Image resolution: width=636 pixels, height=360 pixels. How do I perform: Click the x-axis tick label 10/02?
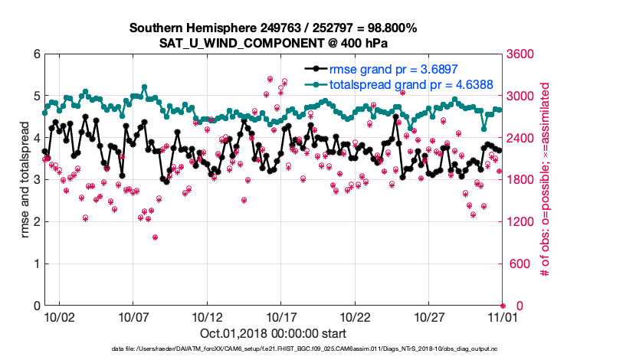coord(59,316)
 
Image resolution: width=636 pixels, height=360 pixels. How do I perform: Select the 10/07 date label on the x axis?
coord(133,316)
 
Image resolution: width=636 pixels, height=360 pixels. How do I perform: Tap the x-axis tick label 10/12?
coord(207,316)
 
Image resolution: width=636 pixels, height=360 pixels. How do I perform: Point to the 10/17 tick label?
coord(281,316)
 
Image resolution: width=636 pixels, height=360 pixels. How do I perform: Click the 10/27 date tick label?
coord(429,316)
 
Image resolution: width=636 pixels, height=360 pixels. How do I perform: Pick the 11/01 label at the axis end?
coord(503,316)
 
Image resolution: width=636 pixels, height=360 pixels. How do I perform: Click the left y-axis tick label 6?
coord(37,54)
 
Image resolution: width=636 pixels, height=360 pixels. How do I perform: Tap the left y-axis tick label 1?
coord(37,264)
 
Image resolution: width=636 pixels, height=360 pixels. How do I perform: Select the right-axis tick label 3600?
coord(520,54)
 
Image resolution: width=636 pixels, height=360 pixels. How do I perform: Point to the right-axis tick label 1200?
coord(520,222)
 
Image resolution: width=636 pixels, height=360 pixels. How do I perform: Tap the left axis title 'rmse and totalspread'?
coord(25,180)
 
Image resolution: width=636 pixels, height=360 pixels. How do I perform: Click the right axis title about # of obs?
coord(546,180)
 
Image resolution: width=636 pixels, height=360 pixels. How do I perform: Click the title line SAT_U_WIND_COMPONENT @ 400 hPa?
coord(274,43)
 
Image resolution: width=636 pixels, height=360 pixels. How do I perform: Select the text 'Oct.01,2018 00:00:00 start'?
coord(274,333)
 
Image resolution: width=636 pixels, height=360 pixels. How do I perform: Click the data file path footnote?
coord(274,349)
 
